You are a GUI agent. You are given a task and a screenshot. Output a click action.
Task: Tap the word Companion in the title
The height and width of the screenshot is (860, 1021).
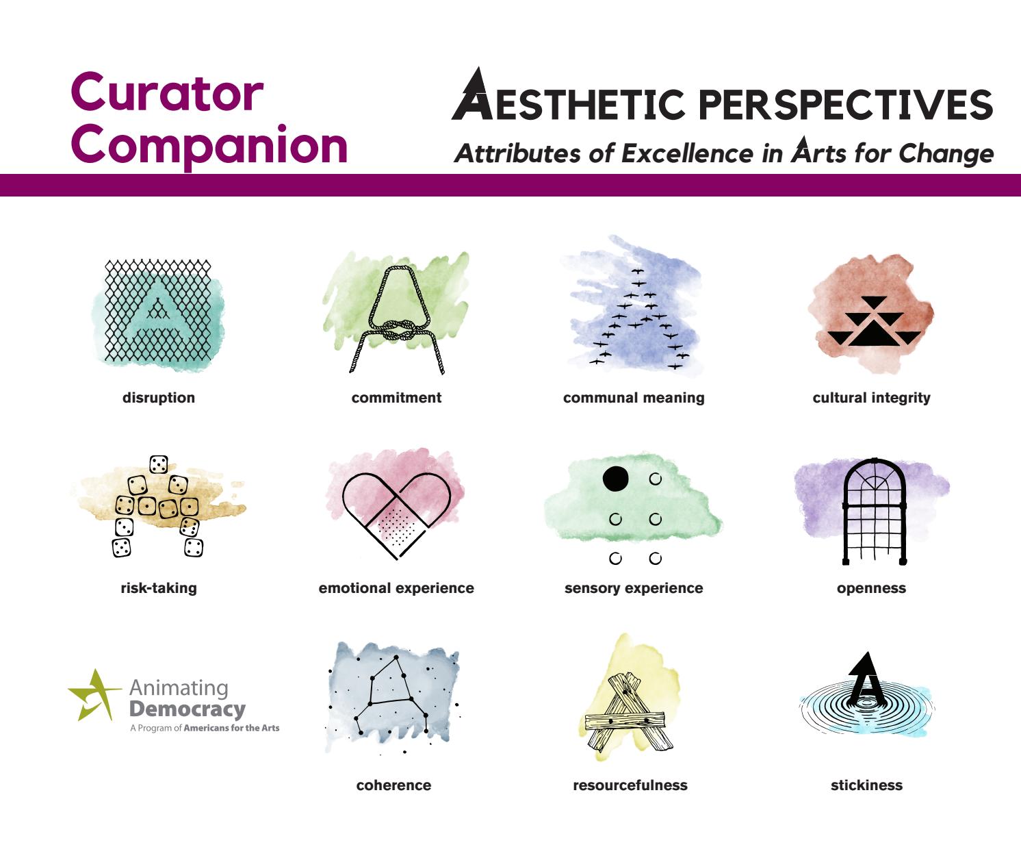tap(209, 145)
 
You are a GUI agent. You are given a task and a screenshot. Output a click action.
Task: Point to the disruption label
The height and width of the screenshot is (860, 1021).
tap(159, 398)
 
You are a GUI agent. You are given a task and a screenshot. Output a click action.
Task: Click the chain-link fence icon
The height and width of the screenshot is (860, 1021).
tap(158, 311)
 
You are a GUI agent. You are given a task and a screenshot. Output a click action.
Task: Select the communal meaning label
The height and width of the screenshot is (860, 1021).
tap(634, 398)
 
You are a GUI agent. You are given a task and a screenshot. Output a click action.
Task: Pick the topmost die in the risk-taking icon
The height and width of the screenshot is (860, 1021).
tap(159, 464)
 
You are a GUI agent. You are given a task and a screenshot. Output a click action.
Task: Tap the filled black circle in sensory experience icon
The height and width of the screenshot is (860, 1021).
tap(615, 479)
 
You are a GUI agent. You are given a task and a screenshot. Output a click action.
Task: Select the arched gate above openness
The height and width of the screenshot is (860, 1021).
tap(874, 511)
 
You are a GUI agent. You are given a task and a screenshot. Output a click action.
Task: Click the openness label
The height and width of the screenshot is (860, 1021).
tap(871, 588)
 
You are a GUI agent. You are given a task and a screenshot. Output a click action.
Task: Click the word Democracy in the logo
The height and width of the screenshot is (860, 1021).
tap(187, 709)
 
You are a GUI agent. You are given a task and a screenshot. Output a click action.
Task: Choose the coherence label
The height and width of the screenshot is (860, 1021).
tap(393, 785)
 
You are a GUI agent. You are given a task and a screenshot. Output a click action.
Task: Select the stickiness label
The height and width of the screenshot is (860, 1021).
tap(866, 785)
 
